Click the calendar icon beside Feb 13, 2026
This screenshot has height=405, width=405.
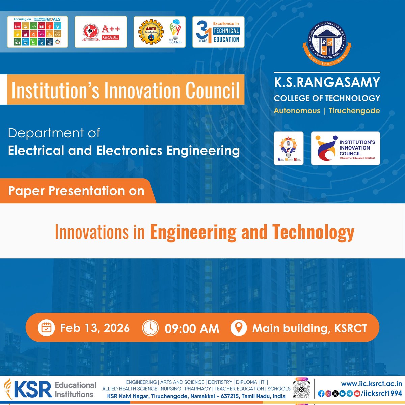(46, 328)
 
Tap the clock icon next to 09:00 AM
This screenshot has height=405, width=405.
(150, 328)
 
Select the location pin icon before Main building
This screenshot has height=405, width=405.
(238, 328)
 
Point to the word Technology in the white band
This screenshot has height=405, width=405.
(313, 232)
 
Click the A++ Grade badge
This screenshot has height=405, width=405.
(101, 32)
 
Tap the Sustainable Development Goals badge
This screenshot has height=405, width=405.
(37, 32)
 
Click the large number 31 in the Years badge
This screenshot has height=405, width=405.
(203, 32)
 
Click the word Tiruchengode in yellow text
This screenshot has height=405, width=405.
(354, 111)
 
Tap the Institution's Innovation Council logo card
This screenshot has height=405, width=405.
(345, 148)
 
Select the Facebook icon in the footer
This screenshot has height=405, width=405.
(321, 394)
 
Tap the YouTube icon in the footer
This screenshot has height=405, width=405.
(357, 394)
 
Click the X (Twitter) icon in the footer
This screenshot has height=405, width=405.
(335, 394)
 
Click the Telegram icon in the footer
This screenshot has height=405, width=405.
(350, 394)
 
